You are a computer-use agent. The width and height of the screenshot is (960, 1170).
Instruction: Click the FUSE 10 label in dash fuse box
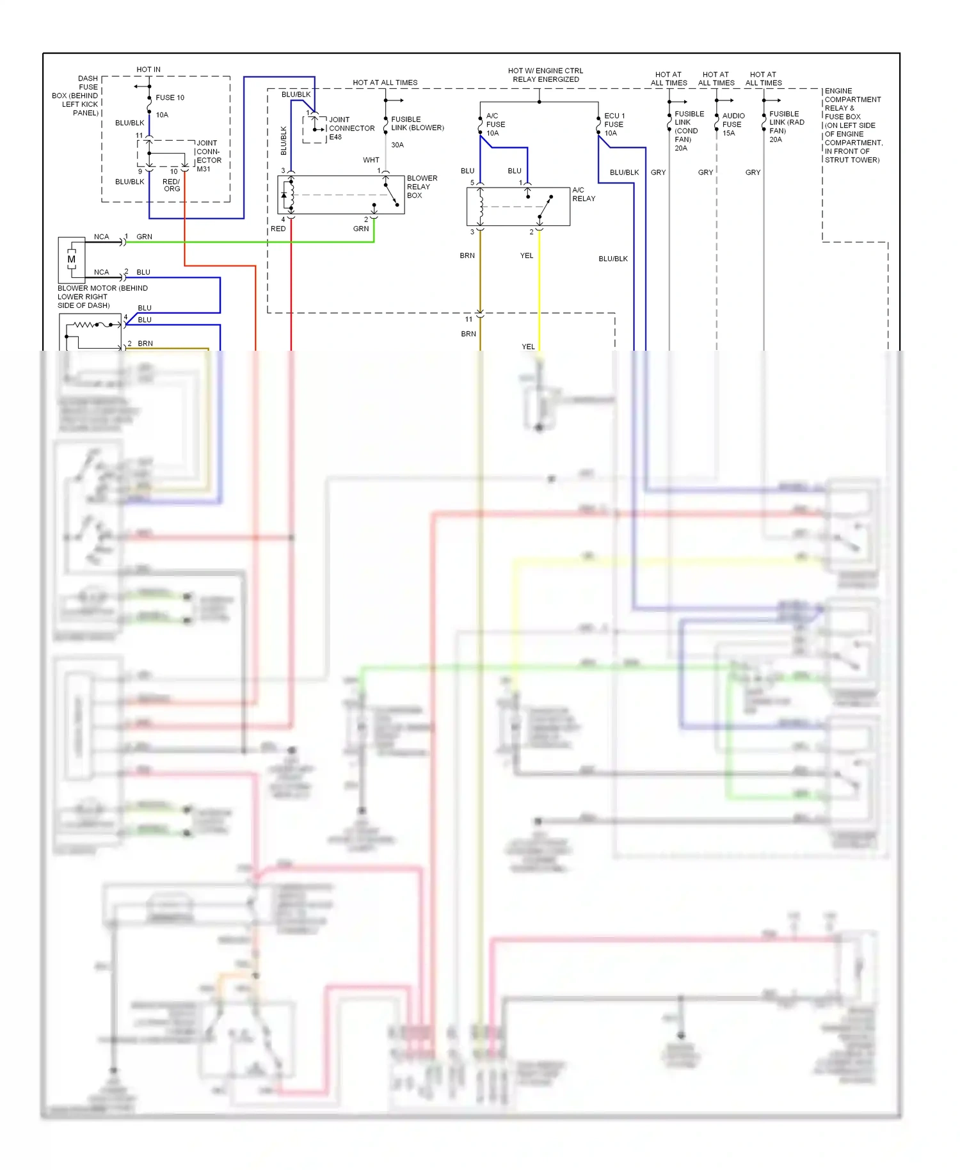[170, 98]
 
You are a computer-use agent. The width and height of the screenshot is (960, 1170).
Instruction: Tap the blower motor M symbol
[71, 259]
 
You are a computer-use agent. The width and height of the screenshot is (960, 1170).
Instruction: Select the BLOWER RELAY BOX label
[422, 187]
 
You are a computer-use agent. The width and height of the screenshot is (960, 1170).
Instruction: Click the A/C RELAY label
[583, 195]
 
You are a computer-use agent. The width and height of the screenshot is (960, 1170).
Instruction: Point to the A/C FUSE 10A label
[495, 125]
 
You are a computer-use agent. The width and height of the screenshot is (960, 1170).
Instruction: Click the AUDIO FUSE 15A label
[733, 125]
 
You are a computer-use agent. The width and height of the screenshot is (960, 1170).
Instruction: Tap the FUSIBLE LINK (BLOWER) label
[417, 124]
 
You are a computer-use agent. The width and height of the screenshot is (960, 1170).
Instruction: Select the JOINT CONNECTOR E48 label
[351, 128]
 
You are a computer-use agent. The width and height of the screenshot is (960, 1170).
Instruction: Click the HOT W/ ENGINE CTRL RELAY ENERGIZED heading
[545, 76]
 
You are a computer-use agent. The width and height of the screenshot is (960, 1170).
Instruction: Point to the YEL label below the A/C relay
[526, 255]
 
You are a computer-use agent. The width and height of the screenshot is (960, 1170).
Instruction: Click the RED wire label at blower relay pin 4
[278, 228]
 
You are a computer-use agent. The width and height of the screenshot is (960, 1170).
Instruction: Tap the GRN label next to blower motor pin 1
[144, 237]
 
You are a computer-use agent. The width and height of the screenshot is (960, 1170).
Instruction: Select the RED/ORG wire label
[172, 185]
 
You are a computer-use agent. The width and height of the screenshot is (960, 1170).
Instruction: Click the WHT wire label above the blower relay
[371, 160]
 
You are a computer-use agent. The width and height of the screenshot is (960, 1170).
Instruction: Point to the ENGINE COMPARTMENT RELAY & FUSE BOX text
[852, 125]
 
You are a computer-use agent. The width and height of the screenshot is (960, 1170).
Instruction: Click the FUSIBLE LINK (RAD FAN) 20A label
[786, 127]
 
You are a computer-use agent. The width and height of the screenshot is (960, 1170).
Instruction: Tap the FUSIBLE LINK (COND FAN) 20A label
[688, 131]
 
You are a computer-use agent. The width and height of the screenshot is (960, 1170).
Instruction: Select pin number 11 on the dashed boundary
[468, 319]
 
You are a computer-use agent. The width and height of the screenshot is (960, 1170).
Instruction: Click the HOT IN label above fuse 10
[148, 70]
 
